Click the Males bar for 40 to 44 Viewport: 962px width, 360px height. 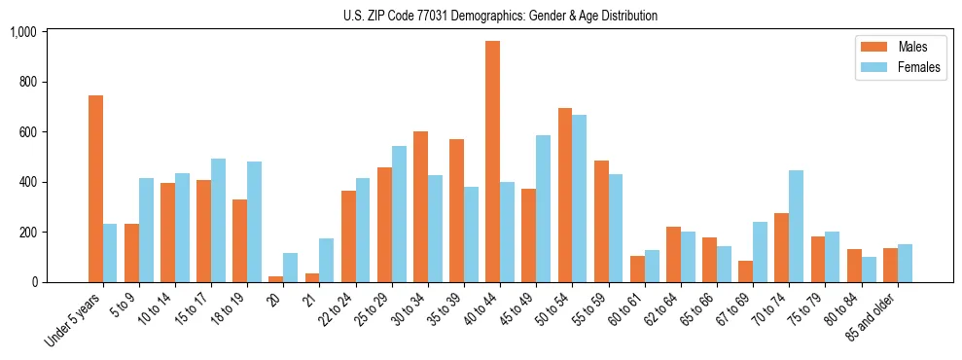click(x=492, y=162)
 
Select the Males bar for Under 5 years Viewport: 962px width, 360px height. click(x=95, y=189)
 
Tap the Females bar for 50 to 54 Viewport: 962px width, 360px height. click(x=579, y=198)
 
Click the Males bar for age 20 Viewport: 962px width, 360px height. click(x=276, y=279)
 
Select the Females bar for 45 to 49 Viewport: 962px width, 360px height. click(x=543, y=208)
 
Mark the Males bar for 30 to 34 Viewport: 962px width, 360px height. click(x=420, y=206)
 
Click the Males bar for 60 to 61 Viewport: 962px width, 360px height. click(x=637, y=269)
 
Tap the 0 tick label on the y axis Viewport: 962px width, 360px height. click(x=34, y=282)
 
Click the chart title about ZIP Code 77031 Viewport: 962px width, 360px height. click(x=500, y=16)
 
